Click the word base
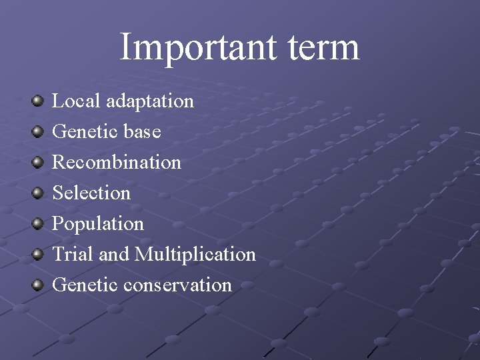142,131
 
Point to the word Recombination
117,162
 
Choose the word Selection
91,193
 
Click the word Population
98,224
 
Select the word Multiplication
195,254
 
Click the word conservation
177,285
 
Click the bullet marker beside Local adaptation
37,101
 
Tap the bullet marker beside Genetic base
37,132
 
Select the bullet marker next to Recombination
37,163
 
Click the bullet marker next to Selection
37,193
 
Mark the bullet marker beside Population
37,224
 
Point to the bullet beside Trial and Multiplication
37,255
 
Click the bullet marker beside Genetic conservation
37,285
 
